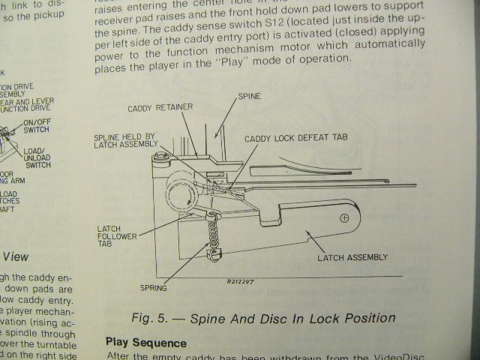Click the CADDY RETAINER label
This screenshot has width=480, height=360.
(161, 108)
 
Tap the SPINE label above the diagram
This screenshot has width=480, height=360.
(249, 97)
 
